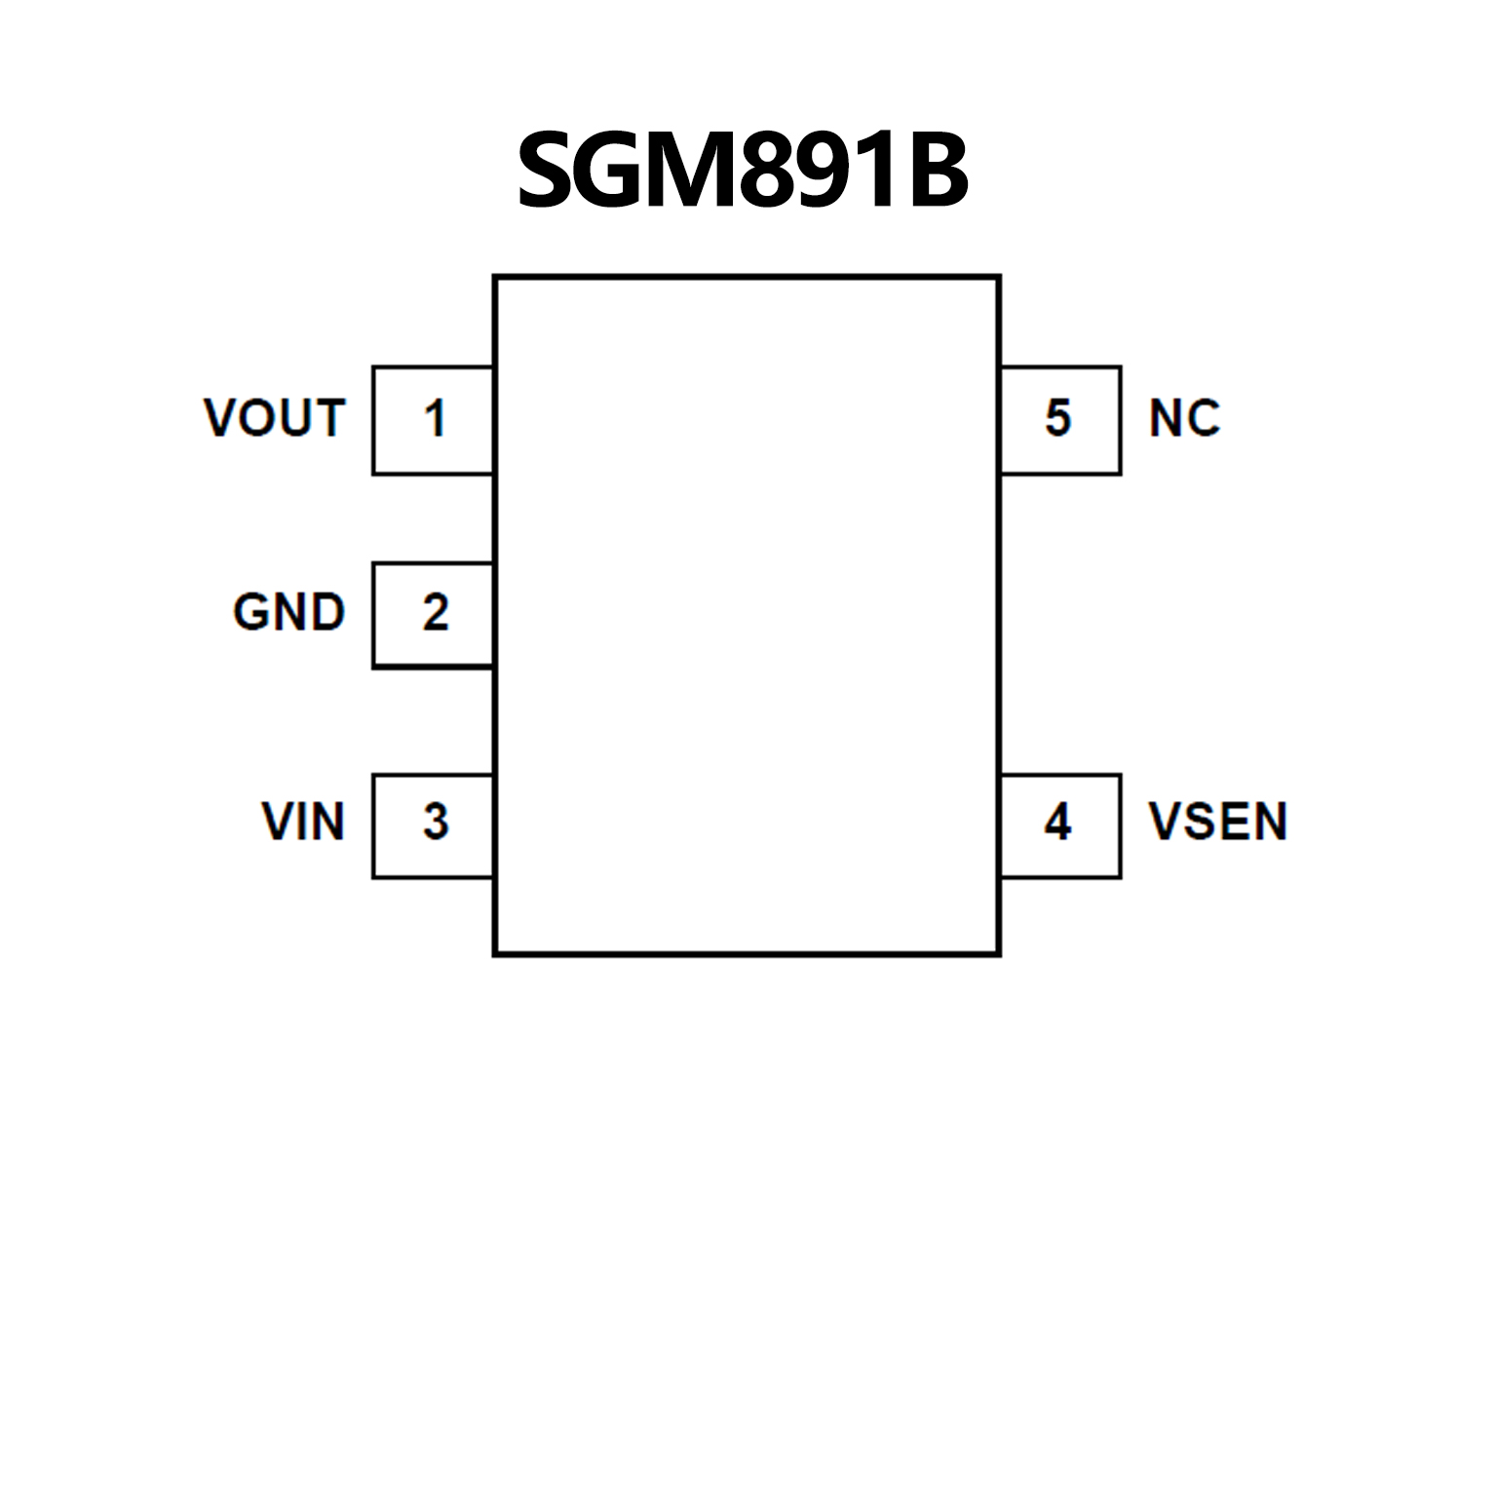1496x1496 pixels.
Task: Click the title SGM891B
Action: [x=743, y=172]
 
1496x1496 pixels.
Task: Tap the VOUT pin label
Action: [x=275, y=418]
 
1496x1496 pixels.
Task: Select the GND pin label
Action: [x=288, y=613]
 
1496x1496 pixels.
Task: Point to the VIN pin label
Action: [x=303, y=821]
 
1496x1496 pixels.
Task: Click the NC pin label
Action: [x=1184, y=418]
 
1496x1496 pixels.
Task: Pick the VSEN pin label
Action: [x=1218, y=821]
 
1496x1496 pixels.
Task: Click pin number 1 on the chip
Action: [x=435, y=419]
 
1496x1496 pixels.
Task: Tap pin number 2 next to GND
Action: [x=435, y=613]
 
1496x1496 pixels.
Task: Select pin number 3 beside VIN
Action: [x=435, y=822]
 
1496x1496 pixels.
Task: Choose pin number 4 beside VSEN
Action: [x=1057, y=822]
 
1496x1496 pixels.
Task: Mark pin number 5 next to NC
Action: [x=1057, y=418]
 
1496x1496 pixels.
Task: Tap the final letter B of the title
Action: [x=933, y=172]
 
